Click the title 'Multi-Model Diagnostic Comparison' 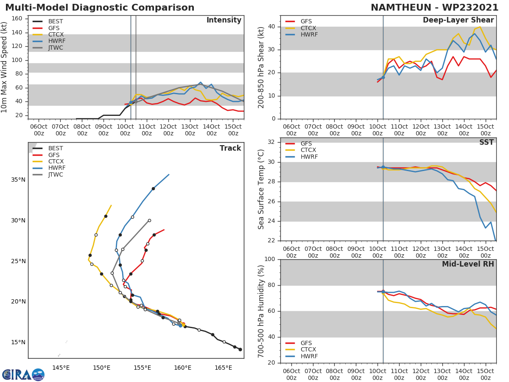click(x=100, y=8)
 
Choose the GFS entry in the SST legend click(x=306, y=143)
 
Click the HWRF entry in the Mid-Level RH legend click(x=309, y=356)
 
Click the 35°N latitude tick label click(x=17, y=180)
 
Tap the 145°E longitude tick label click(x=61, y=368)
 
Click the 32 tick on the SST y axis click(x=272, y=142)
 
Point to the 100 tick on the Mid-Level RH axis click(x=270, y=259)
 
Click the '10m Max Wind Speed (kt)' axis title click(x=5, y=68)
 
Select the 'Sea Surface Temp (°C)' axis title click(x=261, y=189)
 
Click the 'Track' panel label click(x=230, y=148)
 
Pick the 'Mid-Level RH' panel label click(x=468, y=264)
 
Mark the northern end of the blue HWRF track click(x=169, y=174)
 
